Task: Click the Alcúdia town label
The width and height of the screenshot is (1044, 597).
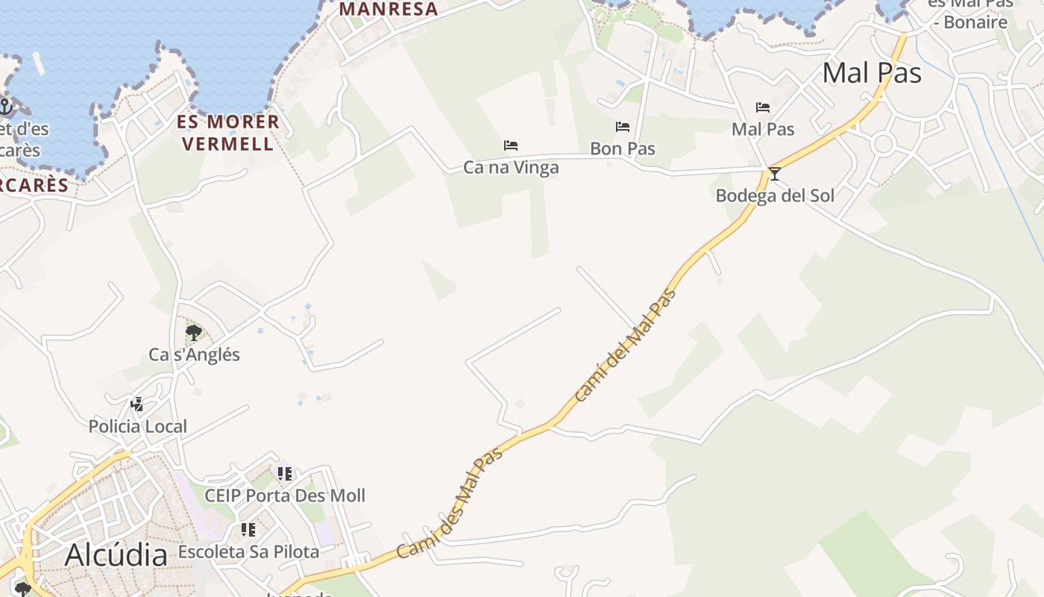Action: pos(116,555)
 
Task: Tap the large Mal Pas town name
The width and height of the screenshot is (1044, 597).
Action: pos(872,73)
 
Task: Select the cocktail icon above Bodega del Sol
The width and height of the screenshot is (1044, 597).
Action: pos(775,174)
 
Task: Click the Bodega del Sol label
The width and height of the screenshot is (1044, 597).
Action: pos(775,196)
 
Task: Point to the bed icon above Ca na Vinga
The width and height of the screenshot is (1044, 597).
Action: pos(511,145)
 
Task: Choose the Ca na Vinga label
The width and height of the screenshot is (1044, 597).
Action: pos(511,167)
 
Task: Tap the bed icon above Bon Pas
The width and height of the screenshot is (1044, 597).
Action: pos(623,127)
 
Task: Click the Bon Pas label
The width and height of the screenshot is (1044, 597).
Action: pos(623,149)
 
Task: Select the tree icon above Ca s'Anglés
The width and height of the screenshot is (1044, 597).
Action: pos(194,332)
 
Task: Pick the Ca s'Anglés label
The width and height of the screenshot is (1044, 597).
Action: pos(194,354)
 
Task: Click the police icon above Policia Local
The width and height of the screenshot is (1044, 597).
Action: pos(137,404)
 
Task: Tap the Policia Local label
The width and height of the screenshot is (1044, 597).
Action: pos(138,427)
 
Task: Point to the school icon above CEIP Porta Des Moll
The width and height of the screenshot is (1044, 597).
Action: pos(284,473)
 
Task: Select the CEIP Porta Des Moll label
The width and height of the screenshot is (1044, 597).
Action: pos(285,496)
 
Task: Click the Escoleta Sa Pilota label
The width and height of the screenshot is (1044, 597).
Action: pos(248,552)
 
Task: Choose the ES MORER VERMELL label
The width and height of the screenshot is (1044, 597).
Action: pos(228,132)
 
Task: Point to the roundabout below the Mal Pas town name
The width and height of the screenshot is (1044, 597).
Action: pos(884,143)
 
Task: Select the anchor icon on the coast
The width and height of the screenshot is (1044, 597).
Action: pos(6,107)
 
